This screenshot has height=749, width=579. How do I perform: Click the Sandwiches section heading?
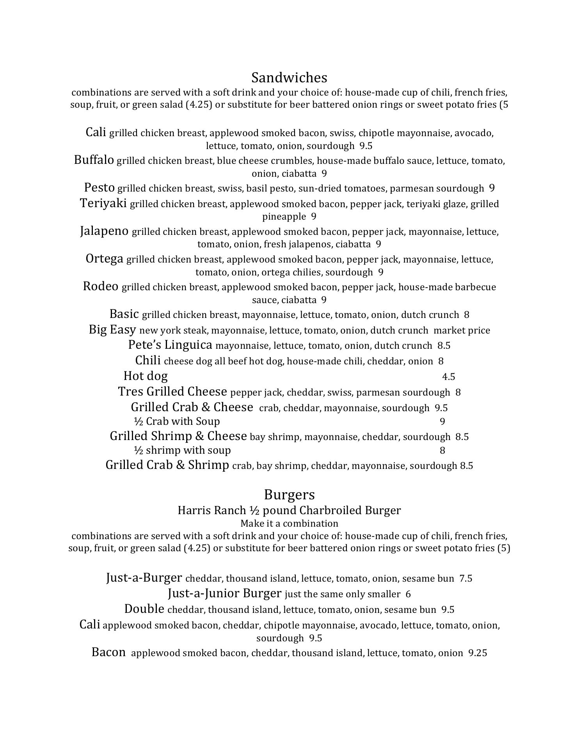289,78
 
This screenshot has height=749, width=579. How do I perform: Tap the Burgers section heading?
289,495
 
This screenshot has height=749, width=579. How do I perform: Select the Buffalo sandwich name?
94,160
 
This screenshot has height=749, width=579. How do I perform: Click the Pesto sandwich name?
99,188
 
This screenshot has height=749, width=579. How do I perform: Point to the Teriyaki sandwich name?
103,203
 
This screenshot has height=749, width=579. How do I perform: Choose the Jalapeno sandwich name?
104,231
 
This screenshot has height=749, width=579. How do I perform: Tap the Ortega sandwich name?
104,259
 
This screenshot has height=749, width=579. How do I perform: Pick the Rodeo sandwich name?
100,286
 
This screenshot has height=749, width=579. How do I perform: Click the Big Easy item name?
112,330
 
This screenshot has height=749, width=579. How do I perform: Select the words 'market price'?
462,330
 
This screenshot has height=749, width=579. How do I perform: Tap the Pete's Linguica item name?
170,345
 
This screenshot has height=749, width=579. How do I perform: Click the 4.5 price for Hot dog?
448,376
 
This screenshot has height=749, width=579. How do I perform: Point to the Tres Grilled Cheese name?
172,391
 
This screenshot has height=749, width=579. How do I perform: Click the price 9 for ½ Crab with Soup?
442,422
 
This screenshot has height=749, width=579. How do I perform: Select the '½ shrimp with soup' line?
182,450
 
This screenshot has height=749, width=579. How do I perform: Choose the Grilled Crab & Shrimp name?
167,465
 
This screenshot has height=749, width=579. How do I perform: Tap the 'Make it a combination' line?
289,523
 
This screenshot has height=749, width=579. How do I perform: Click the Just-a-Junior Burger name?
224,593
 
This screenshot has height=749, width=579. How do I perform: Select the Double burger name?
144,609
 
